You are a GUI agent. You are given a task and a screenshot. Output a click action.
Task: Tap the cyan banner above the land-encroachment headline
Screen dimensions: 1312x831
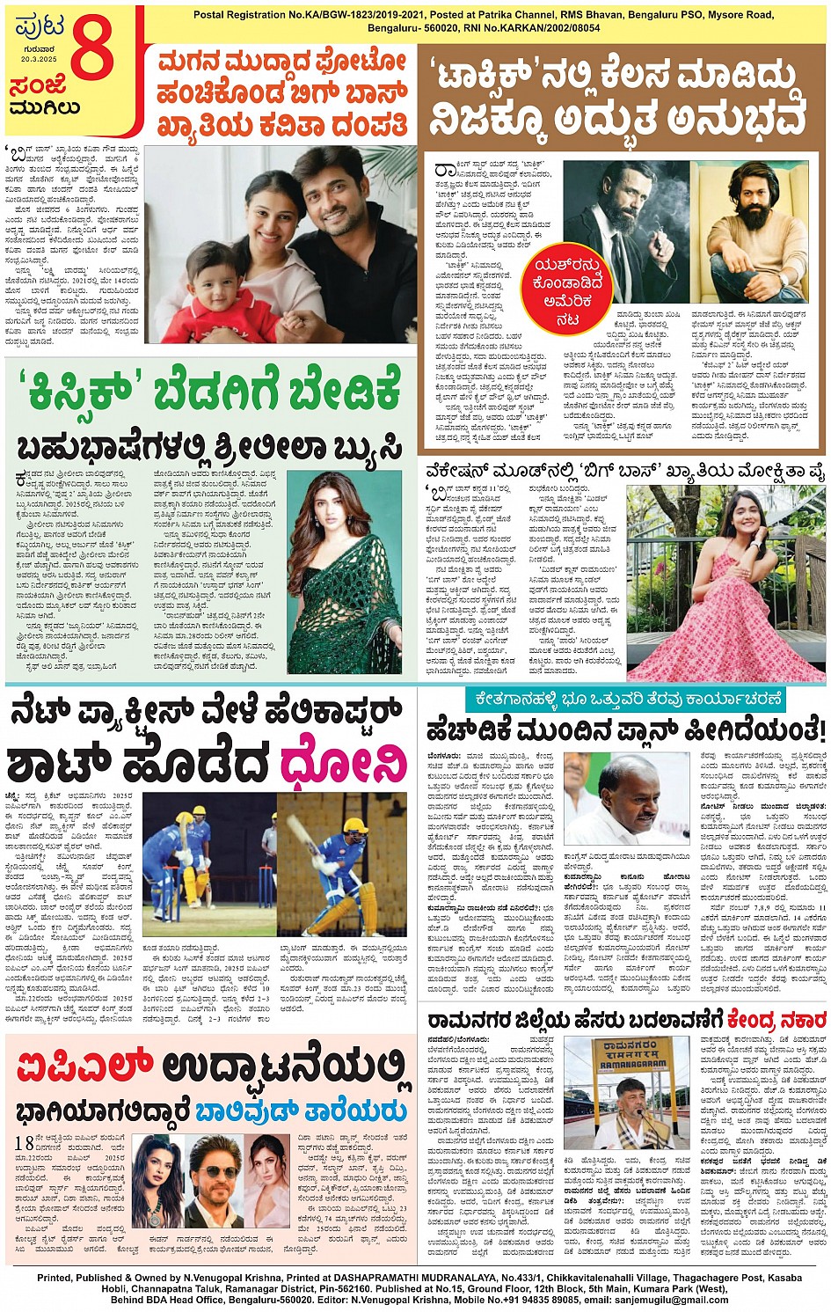[625, 700]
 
